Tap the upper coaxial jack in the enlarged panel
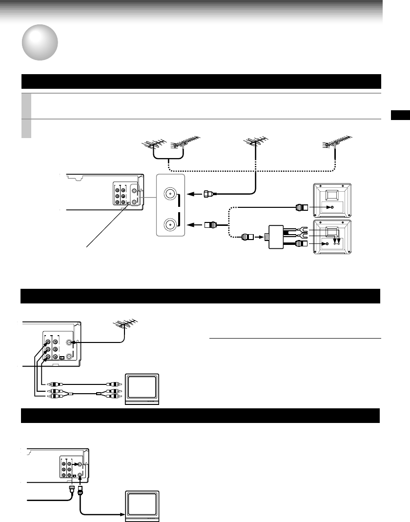[169, 193]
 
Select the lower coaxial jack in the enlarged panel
[169, 224]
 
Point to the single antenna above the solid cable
[254, 142]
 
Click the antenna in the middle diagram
[125, 325]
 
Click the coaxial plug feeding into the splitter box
[248, 238]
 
